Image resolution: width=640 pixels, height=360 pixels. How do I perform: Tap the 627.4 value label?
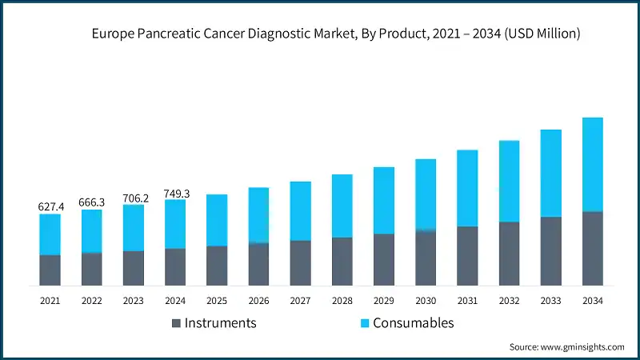(50, 206)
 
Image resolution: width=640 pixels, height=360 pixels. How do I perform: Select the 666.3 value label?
(92, 202)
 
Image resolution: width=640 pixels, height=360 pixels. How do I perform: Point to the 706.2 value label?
(134, 198)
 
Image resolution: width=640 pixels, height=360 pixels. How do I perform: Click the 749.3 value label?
(175, 192)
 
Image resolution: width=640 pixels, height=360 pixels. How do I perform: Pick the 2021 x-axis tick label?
(50, 300)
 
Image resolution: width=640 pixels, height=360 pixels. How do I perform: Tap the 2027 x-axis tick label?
(300, 300)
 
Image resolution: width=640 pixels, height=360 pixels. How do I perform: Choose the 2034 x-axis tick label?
(592, 300)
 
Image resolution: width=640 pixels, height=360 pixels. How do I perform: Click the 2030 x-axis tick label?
(426, 300)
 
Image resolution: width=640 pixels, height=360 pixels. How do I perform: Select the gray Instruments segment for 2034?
(592, 249)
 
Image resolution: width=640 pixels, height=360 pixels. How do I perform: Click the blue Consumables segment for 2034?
(592, 165)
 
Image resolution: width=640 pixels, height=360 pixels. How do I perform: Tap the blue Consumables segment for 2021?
(50, 234)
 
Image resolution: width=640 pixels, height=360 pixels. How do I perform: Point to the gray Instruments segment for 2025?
(217, 266)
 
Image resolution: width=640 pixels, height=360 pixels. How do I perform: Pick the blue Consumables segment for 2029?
(384, 201)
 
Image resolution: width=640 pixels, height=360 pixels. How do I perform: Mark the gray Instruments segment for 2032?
(509, 254)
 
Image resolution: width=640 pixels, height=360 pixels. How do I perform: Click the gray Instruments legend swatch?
(176, 323)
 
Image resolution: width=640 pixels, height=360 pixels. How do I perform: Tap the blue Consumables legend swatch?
(364, 323)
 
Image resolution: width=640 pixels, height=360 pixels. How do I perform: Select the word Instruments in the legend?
(220, 323)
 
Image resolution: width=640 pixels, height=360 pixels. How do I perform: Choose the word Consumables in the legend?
(415, 323)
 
